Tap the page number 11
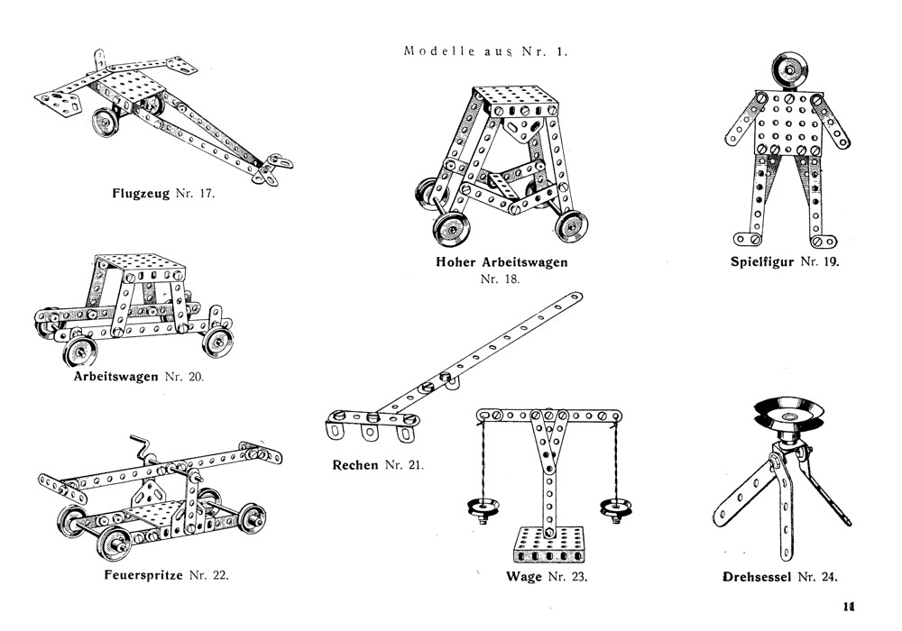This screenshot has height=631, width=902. pyautogui.click(x=849, y=607)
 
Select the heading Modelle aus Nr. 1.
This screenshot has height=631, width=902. pyautogui.click(x=486, y=51)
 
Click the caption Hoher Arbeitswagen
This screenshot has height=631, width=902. pyautogui.click(x=502, y=263)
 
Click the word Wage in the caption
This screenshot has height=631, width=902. pyautogui.click(x=524, y=577)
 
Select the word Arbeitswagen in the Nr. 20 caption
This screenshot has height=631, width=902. pyautogui.click(x=116, y=376)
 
